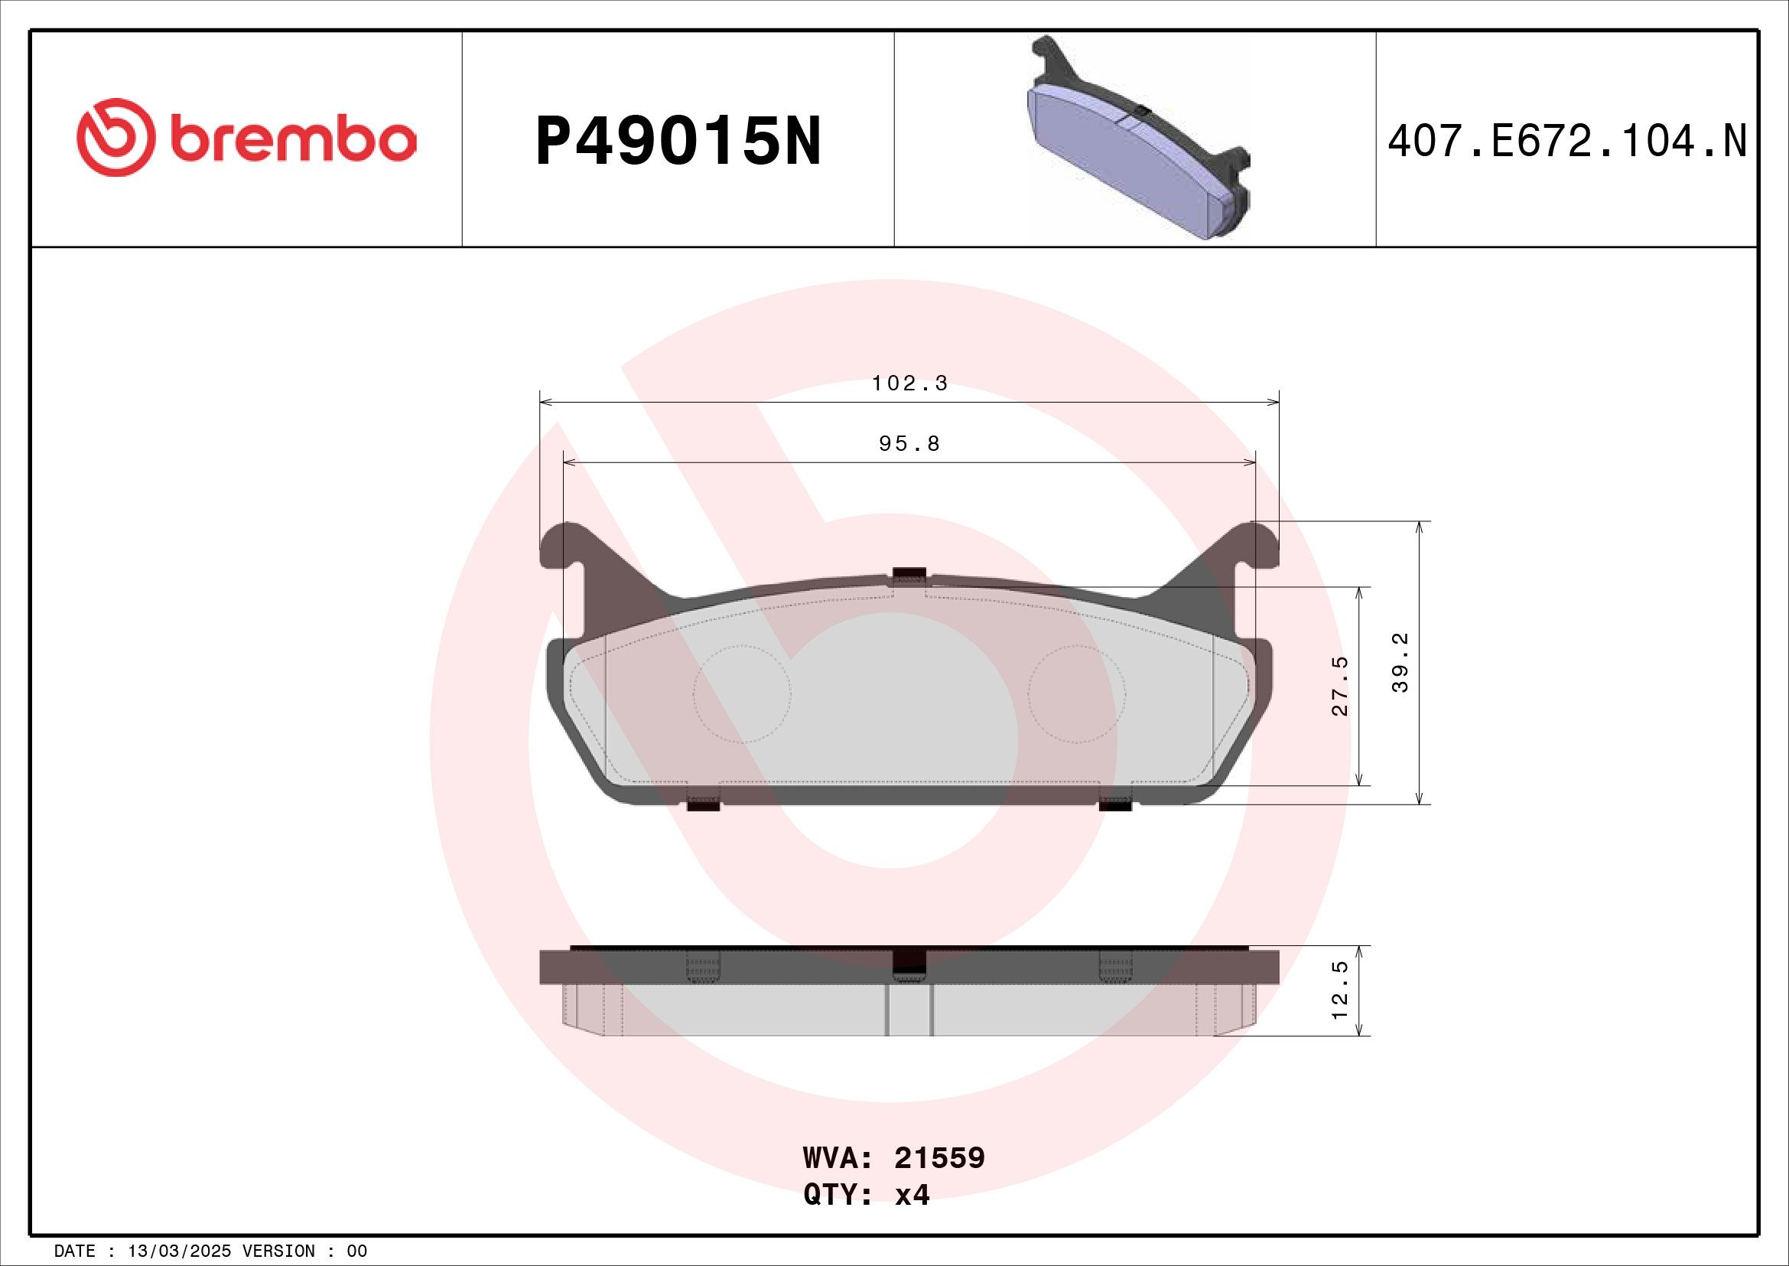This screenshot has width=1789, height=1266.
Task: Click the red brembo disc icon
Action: (x=115, y=137)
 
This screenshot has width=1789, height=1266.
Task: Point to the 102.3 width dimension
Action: (x=909, y=383)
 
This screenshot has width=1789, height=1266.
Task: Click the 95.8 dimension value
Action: (x=909, y=445)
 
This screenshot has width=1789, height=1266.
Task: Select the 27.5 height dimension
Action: (x=1339, y=686)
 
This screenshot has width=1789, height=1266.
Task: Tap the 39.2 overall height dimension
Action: (x=1400, y=663)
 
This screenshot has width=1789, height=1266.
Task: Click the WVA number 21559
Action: (x=939, y=1159)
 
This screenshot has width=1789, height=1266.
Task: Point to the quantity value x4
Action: (x=912, y=1195)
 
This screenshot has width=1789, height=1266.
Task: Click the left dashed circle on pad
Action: (x=742, y=693)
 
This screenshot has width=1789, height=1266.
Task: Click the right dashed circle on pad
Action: (x=1077, y=693)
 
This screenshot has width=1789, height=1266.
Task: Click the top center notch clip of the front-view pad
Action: (x=909, y=576)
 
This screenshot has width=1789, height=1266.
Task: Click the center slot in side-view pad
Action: (x=909, y=1009)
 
